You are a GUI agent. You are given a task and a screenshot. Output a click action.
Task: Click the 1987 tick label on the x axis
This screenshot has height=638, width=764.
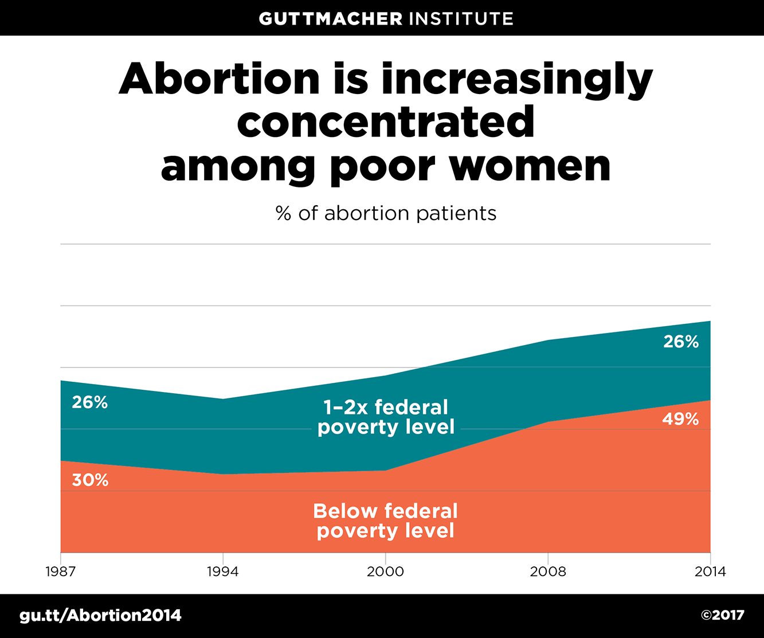pyautogui.click(x=60, y=572)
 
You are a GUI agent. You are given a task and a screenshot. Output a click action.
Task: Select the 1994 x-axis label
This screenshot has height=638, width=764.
pyautogui.click(x=222, y=572)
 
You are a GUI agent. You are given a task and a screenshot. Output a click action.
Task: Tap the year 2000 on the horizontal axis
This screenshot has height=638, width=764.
pyautogui.click(x=385, y=572)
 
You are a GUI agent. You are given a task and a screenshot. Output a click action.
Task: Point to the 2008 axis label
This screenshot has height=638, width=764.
pyautogui.click(x=548, y=572)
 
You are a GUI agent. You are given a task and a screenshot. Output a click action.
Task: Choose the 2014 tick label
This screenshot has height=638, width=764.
pyautogui.click(x=710, y=572)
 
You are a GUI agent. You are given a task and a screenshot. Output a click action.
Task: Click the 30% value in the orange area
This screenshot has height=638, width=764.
pyautogui.click(x=90, y=480)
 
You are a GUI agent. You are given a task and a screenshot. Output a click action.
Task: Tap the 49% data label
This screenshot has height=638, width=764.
pyautogui.click(x=680, y=419)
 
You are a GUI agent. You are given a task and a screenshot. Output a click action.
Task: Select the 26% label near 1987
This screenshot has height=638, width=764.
pyautogui.click(x=89, y=402)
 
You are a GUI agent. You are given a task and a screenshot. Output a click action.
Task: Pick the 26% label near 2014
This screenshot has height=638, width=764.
pyautogui.click(x=681, y=342)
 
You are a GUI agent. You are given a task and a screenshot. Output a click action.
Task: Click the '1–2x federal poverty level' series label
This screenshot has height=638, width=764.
pyautogui.click(x=386, y=417)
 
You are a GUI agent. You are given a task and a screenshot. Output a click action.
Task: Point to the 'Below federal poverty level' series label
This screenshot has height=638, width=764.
pyautogui.click(x=386, y=520)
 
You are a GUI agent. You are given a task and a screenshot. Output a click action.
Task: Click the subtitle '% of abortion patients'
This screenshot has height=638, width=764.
pyautogui.click(x=386, y=213)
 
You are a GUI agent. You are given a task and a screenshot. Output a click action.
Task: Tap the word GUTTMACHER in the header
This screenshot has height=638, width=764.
pyautogui.click(x=331, y=18)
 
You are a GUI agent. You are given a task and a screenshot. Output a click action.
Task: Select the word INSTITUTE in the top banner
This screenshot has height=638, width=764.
pyautogui.click(x=461, y=18)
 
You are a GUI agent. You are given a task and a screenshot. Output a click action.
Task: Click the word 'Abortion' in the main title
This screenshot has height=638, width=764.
pyautogui.click(x=219, y=80)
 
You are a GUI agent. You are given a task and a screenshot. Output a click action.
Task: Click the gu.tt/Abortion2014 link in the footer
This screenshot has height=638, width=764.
pyautogui.click(x=100, y=616)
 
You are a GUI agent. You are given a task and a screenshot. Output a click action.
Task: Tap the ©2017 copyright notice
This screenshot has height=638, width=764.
pyautogui.click(x=722, y=616)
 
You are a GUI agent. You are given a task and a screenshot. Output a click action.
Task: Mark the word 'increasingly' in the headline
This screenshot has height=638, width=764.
pyautogui.click(x=516, y=80)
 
